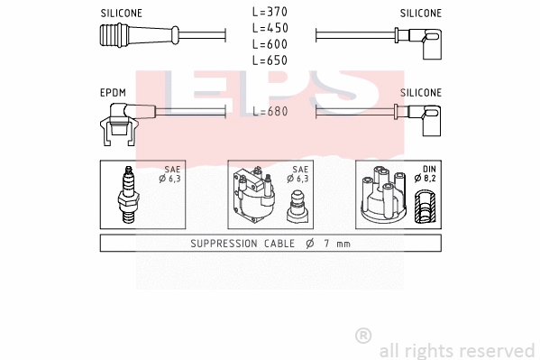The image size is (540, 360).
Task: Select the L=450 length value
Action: [270, 29]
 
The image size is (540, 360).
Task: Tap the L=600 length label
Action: [270, 44]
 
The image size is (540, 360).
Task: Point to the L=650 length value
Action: [270, 60]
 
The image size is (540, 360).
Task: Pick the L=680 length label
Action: [270, 112]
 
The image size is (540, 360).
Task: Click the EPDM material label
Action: [114, 93]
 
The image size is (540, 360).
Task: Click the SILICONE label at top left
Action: [121, 14]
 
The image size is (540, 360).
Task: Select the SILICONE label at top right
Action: [420, 14]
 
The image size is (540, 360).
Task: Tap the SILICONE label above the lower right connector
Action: [420, 93]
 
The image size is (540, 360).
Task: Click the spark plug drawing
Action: [126, 196]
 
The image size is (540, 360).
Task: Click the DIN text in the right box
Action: [429, 169]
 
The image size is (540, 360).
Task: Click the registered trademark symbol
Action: [362, 336]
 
